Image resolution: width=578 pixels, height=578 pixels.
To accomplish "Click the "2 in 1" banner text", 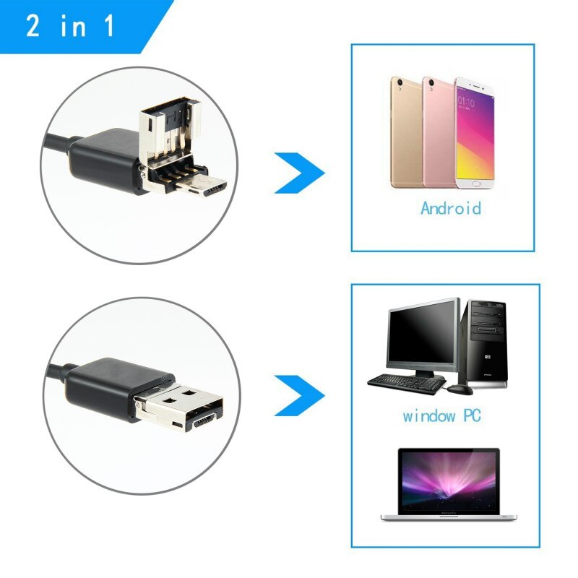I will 70,26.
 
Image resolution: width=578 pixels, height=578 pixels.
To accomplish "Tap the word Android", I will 450,209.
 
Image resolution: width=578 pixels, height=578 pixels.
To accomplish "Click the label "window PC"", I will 441,416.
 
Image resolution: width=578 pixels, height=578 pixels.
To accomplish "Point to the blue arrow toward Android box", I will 300,172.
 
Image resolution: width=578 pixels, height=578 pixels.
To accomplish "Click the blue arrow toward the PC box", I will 300,394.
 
